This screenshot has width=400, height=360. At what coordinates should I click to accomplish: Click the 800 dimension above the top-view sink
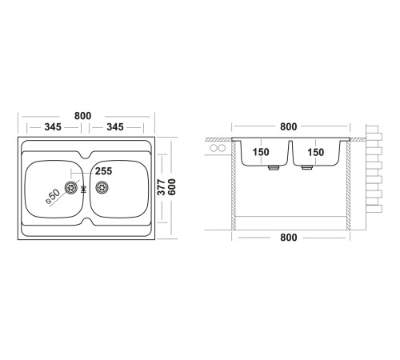click(82, 116)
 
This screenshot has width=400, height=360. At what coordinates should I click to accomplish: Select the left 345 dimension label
click(53, 127)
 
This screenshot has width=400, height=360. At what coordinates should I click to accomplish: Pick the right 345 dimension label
click(115, 127)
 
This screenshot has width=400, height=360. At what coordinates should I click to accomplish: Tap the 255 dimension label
click(104, 171)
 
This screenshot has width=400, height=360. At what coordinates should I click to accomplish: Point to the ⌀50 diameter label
click(53, 196)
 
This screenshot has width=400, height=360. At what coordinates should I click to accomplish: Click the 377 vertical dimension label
click(161, 187)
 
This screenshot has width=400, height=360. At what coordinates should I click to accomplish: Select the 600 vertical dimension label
click(172, 187)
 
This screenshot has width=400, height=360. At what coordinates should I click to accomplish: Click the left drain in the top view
click(71, 187)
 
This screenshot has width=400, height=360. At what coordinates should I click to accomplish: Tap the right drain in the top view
click(102, 187)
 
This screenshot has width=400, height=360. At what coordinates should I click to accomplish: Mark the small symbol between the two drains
click(83, 189)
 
